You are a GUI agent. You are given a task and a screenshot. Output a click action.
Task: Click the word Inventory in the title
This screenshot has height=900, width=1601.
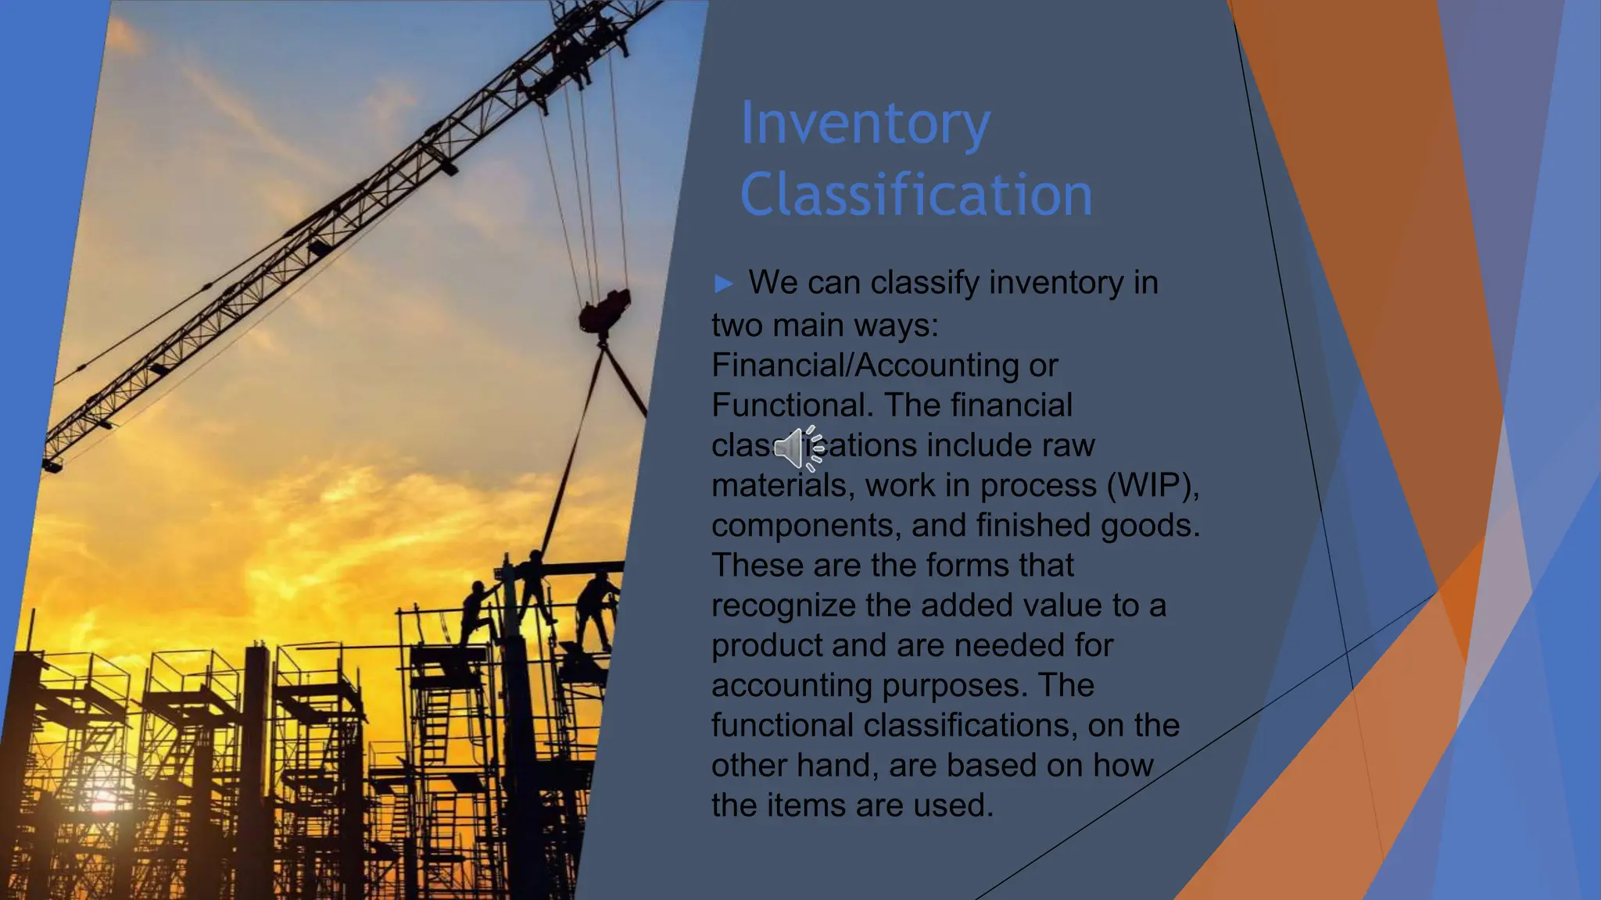click(x=865, y=123)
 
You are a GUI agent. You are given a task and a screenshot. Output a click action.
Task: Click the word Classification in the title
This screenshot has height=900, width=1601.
click(x=915, y=195)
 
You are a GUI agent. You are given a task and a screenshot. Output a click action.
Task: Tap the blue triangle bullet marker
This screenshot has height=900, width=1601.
click(x=724, y=284)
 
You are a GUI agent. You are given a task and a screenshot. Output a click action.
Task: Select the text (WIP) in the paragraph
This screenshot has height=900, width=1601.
click(x=1152, y=486)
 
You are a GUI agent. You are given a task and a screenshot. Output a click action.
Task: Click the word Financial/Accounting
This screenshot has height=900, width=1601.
click(x=865, y=366)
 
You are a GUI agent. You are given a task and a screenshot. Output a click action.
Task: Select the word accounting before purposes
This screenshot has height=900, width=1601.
click(x=791, y=686)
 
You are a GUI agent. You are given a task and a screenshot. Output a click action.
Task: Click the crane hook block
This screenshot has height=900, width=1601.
click(x=604, y=311)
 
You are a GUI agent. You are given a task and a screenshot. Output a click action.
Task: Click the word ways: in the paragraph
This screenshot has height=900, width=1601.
click(x=897, y=325)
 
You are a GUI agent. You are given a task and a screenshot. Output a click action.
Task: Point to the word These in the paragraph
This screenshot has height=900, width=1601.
click(x=757, y=566)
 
